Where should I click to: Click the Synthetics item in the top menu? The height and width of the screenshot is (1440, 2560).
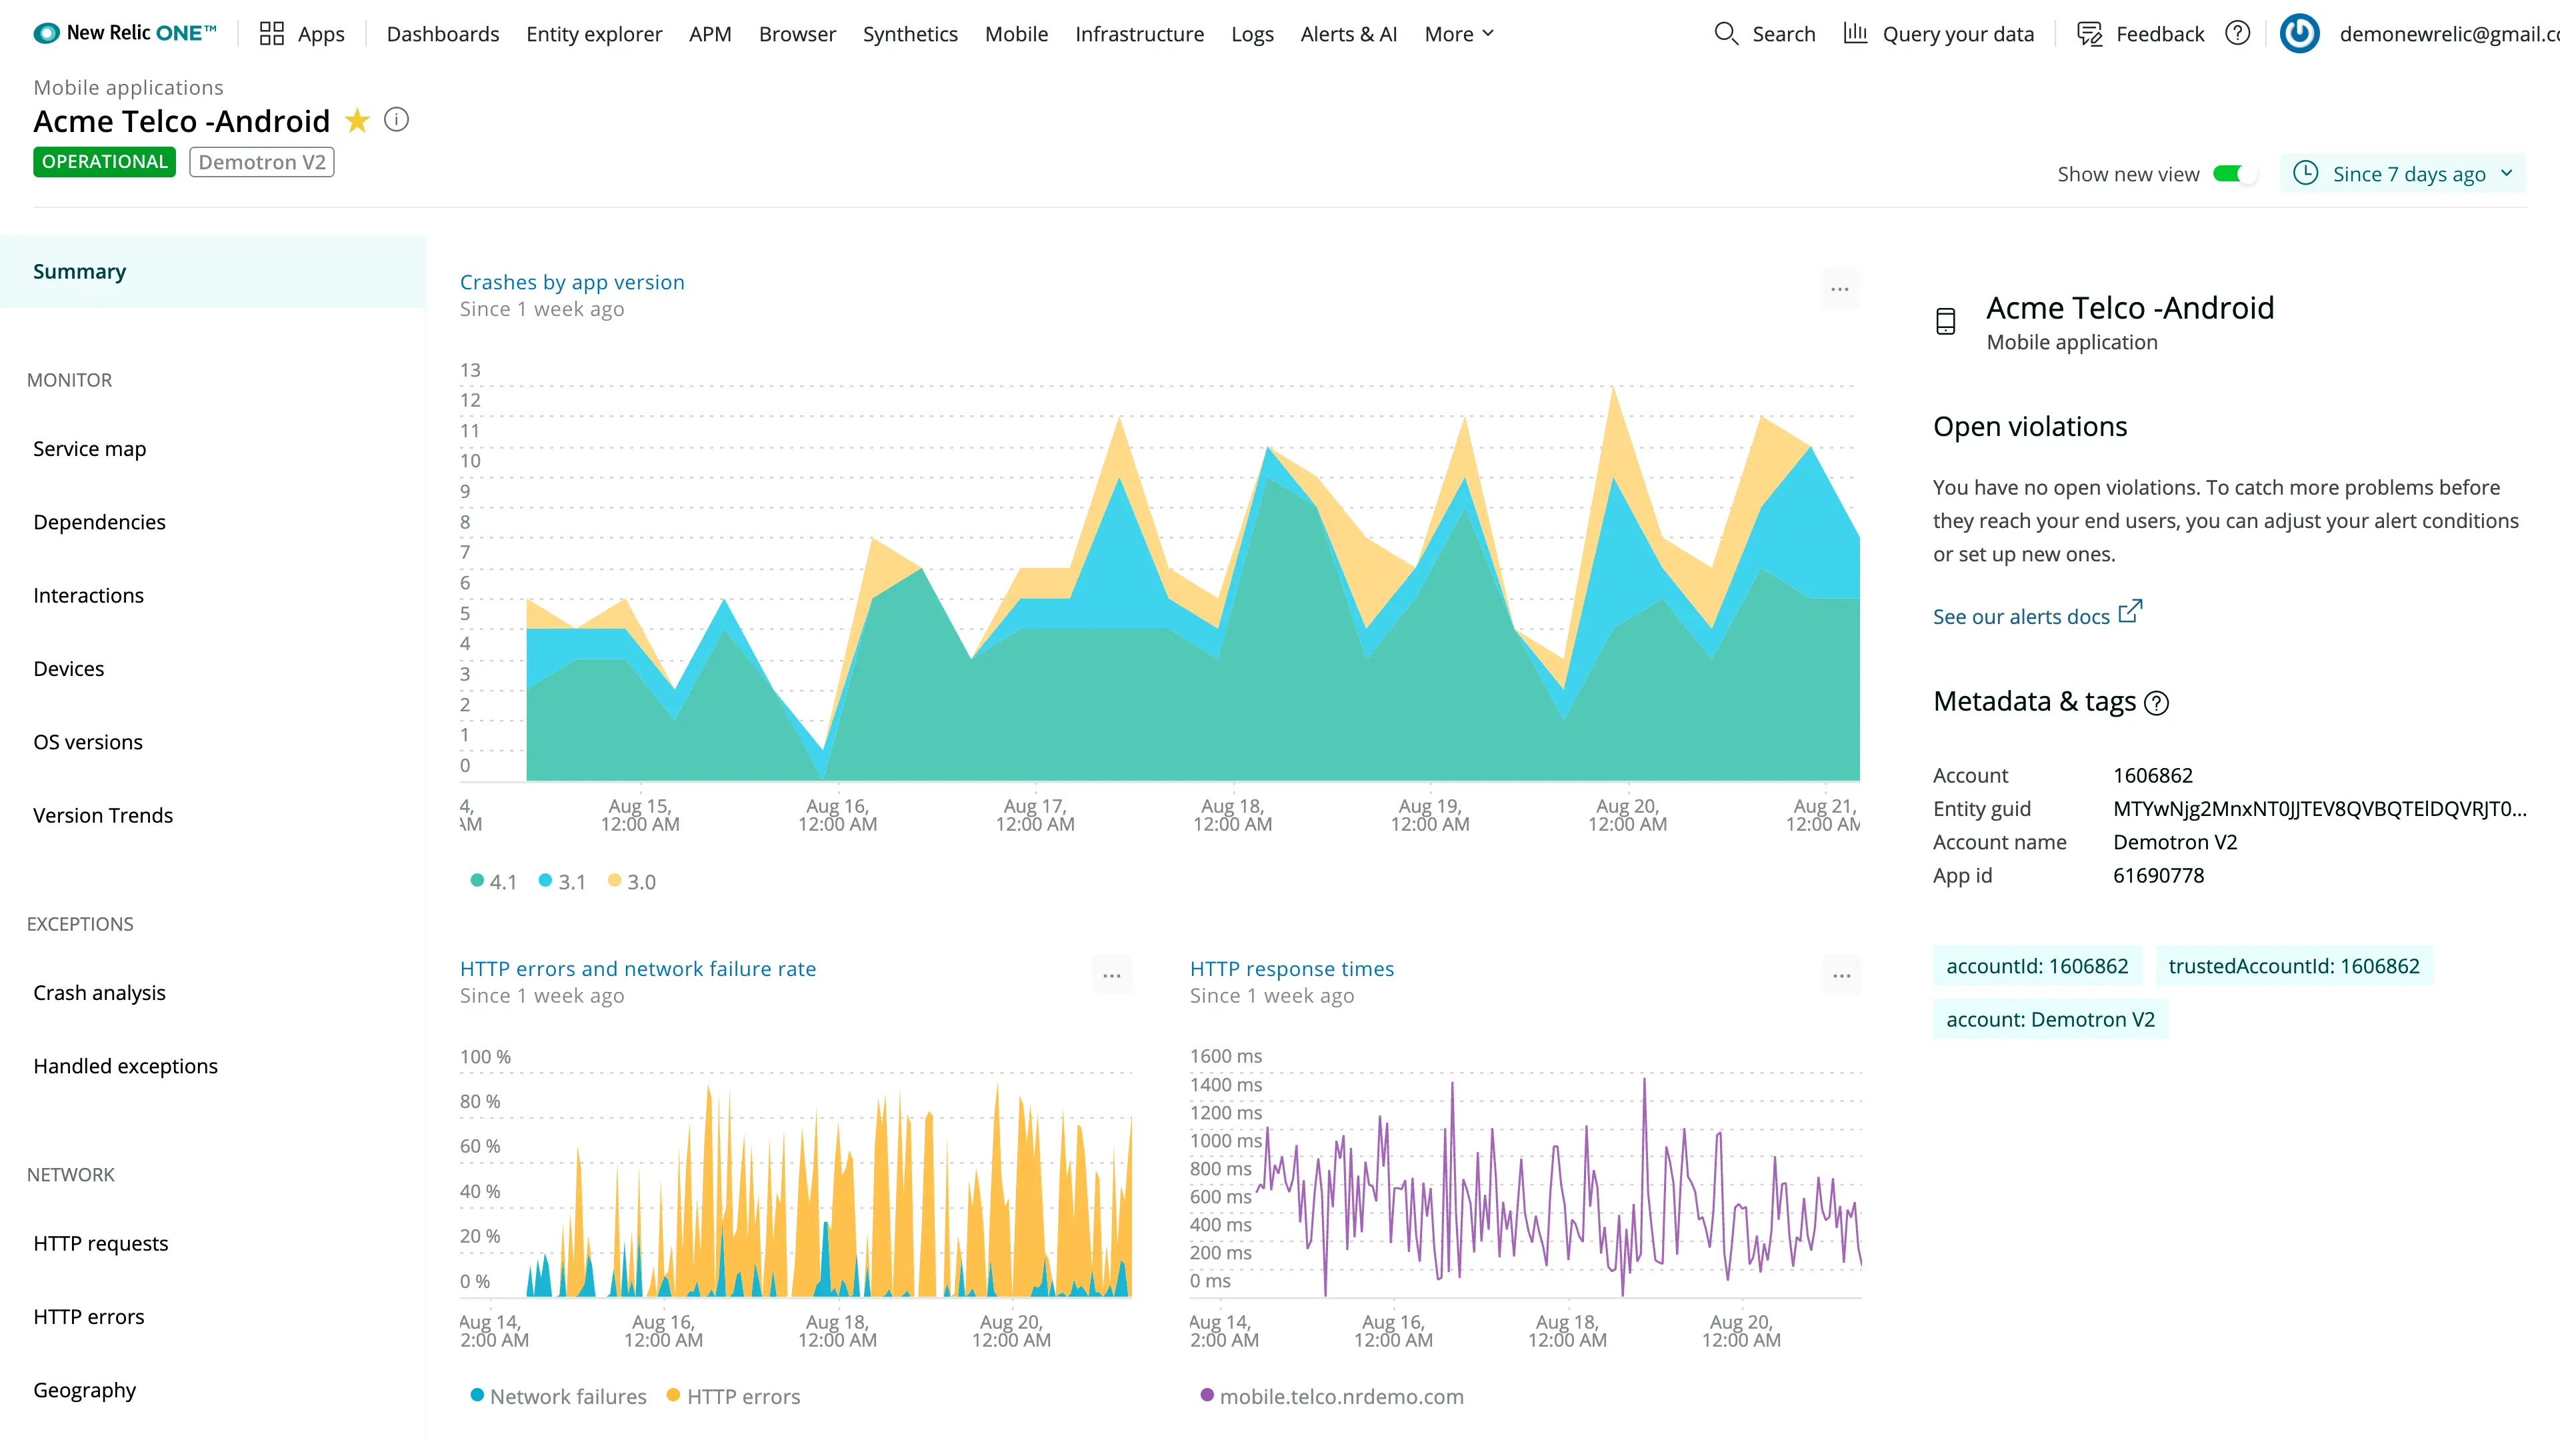909,34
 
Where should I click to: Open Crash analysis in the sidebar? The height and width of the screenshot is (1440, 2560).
99,993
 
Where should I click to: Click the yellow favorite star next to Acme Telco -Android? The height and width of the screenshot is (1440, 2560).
357,121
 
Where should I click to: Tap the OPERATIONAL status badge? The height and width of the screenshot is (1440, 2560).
105,162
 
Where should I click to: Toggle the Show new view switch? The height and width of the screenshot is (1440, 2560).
2234,174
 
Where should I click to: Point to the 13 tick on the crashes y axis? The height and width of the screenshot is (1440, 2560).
470,370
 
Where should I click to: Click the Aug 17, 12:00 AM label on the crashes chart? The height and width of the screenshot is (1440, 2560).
1035,815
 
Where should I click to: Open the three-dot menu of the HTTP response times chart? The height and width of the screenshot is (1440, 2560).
1841,976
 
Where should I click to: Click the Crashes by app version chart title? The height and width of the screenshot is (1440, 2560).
571,282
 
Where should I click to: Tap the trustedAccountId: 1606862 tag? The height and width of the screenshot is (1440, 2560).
2293,966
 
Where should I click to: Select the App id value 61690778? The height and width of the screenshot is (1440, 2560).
2157,875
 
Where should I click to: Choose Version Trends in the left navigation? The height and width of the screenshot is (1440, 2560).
103,815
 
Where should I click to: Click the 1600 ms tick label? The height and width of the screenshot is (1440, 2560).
1225,1057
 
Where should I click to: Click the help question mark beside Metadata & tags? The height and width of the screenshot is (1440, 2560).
2157,703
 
